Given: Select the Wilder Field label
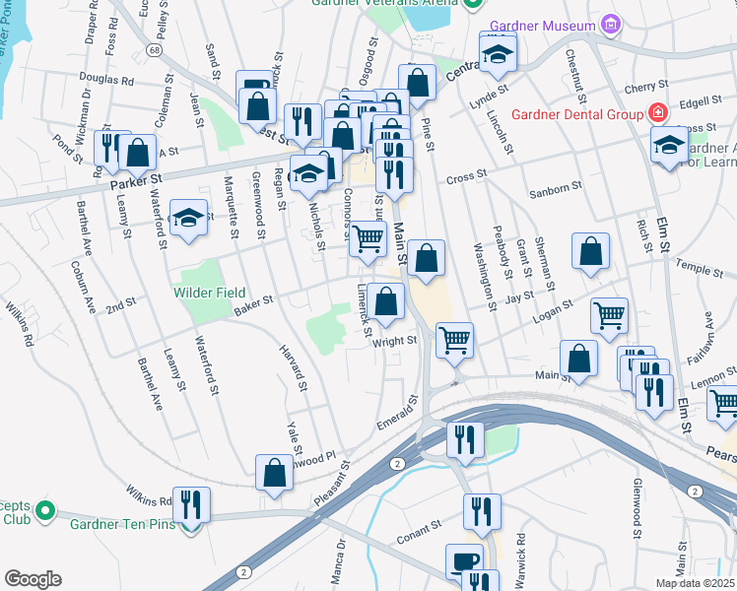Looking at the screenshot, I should [210, 293].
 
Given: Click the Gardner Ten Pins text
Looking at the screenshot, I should [122, 523].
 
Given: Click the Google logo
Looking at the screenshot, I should [33, 578].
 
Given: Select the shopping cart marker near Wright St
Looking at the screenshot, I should [455, 340].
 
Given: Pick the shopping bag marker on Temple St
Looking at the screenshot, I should [591, 251].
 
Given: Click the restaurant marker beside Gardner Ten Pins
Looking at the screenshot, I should [191, 504].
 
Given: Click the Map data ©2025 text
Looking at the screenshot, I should [695, 583].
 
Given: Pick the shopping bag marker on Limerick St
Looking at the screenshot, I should [388, 301].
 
